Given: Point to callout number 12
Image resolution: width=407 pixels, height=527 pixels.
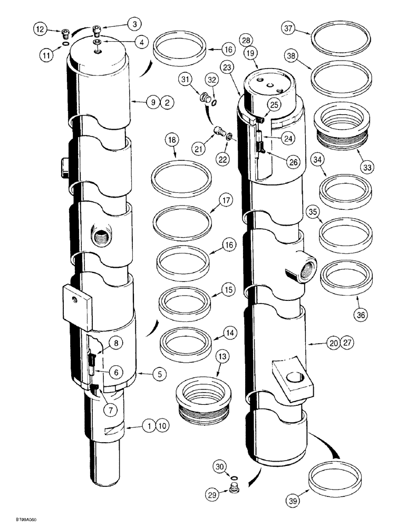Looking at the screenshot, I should [41, 30].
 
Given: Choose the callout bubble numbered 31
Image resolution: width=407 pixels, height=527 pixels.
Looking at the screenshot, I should [185, 80].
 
